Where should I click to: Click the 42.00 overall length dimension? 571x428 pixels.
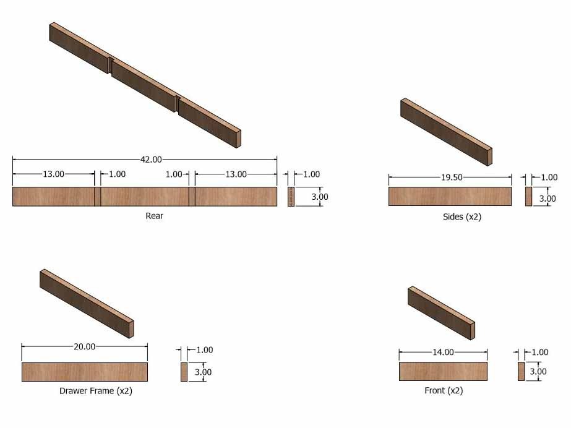(x=151, y=160)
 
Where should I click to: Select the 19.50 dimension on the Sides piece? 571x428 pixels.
(x=452, y=178)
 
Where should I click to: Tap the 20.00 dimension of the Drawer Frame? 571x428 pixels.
(x=85, y=346)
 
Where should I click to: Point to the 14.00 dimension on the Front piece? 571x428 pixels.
(x=443, y=352)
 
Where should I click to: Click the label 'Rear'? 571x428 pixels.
(x=155, y=216)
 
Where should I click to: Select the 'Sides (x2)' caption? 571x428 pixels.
(x=462, y=217)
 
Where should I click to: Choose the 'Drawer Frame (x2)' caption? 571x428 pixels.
(x=96, y=391)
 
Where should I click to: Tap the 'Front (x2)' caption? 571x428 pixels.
(x=444, y=390)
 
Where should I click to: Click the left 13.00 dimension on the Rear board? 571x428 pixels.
(x=54, y=174)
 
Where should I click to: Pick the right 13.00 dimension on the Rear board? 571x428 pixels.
(x=236, y=174)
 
